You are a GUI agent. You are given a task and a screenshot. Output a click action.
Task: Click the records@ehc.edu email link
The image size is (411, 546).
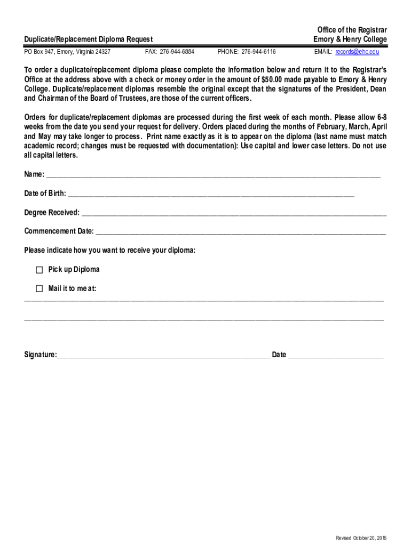coord(357,52)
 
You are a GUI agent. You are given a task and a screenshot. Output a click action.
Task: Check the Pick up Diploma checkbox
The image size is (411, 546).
coord(39,270)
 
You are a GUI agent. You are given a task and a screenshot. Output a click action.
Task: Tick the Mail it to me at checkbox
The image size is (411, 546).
coord(39,289)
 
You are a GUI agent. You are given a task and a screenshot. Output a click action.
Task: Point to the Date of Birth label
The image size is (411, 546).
coord(45,193)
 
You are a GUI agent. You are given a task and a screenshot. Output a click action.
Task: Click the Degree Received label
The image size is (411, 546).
coord(52,213)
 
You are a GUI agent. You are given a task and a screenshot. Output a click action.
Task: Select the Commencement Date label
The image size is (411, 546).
coord(59,231)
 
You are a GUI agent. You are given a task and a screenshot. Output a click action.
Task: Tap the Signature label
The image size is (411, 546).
coord(40,355)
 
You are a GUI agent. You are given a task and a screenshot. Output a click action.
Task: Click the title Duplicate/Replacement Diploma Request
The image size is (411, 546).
coord(89,39)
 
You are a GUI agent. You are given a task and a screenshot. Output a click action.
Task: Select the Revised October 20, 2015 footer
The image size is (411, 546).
coord(361,538)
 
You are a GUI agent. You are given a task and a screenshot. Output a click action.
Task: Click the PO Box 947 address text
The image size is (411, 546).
coord(67,52)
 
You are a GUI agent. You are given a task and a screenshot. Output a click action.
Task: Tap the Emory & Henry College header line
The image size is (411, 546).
coord(350,39)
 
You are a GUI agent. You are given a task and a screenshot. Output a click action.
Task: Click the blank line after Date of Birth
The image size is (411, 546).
coord(211,195)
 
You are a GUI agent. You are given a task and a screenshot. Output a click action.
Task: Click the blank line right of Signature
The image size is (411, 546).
coord(163,356)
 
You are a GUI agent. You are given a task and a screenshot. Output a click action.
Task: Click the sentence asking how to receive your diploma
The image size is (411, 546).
coord(109,250)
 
